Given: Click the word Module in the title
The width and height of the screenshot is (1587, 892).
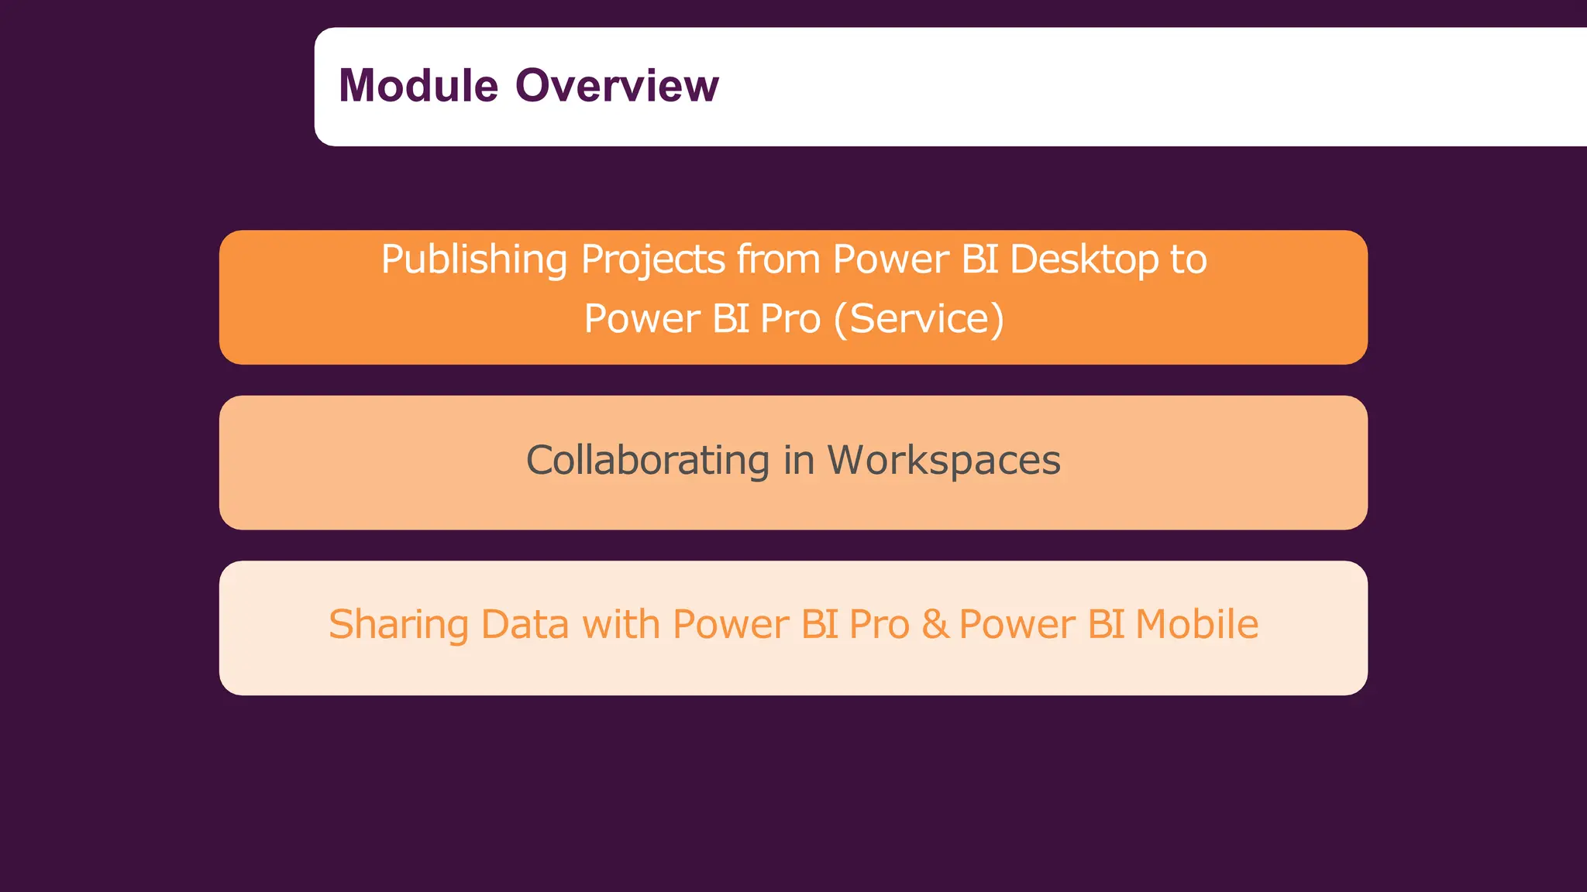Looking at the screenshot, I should [418, 85].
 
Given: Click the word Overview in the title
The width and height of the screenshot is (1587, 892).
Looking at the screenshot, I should [617, 85].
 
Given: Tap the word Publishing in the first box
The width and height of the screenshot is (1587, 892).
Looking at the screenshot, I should [473, 259].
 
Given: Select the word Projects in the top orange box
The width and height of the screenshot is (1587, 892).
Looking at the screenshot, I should [652, 259].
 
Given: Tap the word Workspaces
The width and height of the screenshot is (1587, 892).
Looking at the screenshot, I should [944, 461].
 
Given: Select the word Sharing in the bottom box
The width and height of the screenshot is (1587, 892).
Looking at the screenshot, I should [398, 625].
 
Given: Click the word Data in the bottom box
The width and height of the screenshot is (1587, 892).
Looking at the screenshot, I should [525, 625].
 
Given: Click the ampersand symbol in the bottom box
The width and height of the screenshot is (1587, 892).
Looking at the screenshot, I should [935, 625].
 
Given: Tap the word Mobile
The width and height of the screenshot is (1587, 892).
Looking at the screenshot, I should [1196, 625].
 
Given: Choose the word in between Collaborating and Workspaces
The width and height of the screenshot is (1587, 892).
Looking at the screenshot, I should [798, 461].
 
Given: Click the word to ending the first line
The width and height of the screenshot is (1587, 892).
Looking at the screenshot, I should [1188, 259].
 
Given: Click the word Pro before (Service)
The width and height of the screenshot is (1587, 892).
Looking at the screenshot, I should [790, 319].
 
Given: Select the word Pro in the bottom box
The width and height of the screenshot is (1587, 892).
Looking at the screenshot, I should [879, 625].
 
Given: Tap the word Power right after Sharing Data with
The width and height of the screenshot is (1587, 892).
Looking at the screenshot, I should [730, 625].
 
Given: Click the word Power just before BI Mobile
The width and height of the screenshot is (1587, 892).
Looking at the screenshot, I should [1017, 625].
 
